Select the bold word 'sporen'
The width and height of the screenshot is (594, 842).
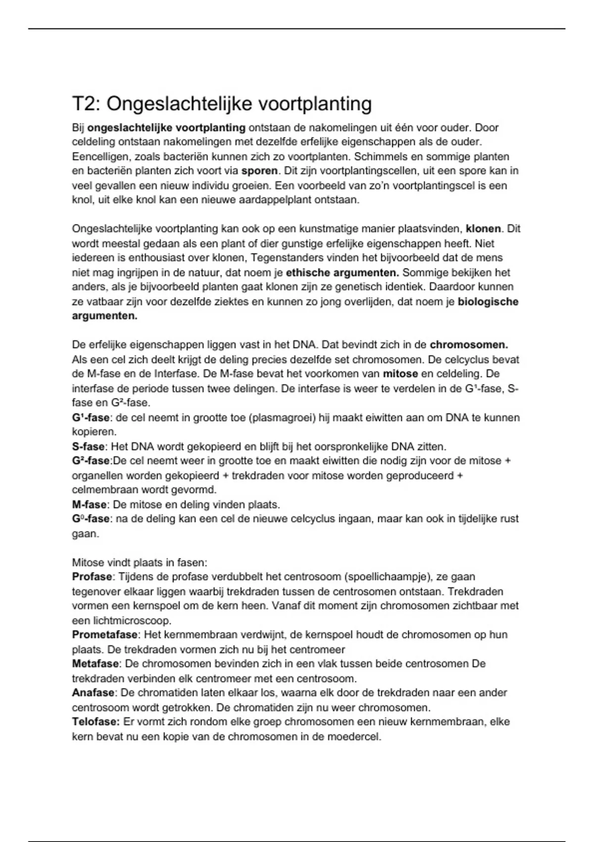click(x=259, y=171)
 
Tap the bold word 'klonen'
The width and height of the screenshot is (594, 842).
click(x=484, y=229)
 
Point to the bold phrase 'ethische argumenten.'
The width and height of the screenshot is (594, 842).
click(x=342, y=272)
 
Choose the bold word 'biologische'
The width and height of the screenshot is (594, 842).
click(x=488, y=302)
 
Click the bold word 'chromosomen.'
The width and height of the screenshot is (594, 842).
click(x=469, y=345)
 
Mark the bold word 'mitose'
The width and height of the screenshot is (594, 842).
click(x=400, y=373)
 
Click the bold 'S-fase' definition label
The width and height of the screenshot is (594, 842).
click(x=88, y=447)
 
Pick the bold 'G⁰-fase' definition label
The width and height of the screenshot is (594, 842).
click(x=91, y=519)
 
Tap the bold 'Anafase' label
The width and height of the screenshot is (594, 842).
click(x=93, y=693)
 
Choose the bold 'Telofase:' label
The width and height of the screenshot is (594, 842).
click(x=96, y=722)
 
